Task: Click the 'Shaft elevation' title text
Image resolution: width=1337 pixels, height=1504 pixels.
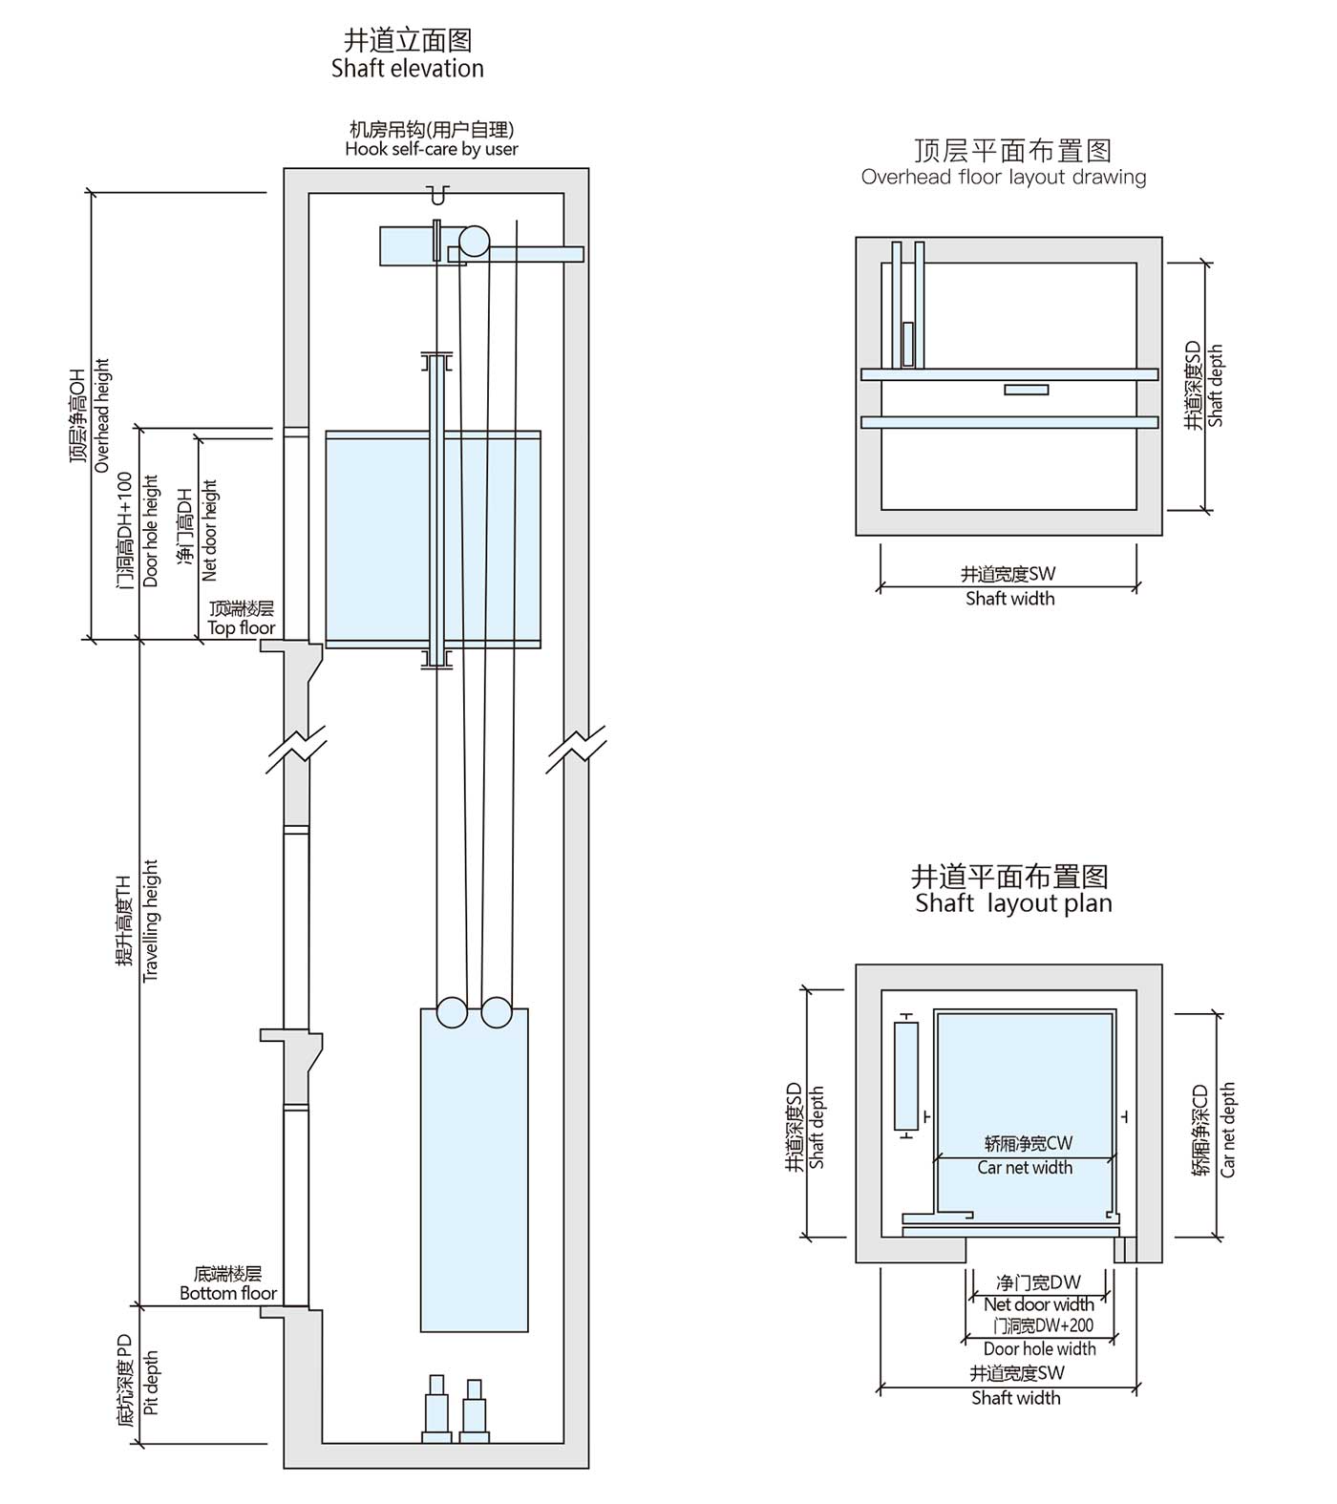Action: pyautogui.click(x=408, y=69)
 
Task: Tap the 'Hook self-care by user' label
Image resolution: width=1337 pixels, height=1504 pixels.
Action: pyautogui.click(x=432, y=149)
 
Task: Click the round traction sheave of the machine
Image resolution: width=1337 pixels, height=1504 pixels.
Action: pyautogui.click(x=474, y=242)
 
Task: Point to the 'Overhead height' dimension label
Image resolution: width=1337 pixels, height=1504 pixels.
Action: pyautogui.click(x=101, y=415)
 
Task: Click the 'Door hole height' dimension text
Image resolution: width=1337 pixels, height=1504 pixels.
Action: pyautogui.click(x=150, y=531)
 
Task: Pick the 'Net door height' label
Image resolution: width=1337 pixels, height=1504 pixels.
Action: pyautogui.click(x=209, y=530)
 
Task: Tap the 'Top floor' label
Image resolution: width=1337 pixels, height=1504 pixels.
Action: pyautogui.click(x=242, y=627)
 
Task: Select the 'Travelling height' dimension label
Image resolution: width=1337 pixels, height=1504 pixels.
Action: pyautogui.click(x=150, y=921)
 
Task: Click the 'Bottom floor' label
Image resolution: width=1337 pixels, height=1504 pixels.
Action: pyautogui.click(x=228, y=1293)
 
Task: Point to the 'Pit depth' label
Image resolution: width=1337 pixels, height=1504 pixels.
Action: pyautogui.click(x=150, y=1382)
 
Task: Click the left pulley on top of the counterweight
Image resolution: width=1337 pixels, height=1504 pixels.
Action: pyautogui.click(x=452, y=1012)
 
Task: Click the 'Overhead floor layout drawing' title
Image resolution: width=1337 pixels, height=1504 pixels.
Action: pyautogui.click(x=1004, y=177)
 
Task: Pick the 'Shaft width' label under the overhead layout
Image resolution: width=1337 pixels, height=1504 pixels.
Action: pyautogui.click(x=1009, y=599)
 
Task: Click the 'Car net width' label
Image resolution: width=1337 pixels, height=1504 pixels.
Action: pyautogui.click(x=1025, y=1167)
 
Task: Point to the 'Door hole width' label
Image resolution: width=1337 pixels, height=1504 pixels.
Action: pyautogui.click(x=1039, y=1348)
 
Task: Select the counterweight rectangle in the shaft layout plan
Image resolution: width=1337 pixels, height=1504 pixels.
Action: pyautogui.click(x=905, y=1076)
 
